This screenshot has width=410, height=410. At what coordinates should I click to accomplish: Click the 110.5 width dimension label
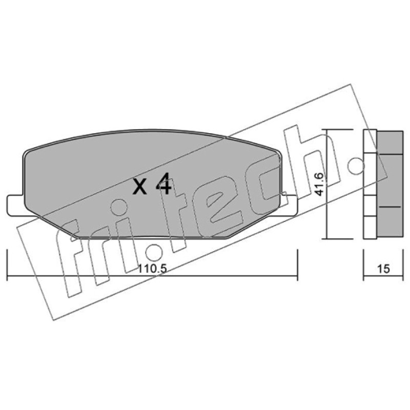pos(152,269)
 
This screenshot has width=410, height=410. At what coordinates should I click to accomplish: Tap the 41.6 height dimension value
pos(319,184)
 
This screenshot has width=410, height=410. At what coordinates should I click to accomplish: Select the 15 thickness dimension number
pos(383,269)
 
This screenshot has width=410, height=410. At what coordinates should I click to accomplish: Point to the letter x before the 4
pos(139,187)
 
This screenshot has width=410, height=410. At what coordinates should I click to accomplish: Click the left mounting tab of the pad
pos(16,206)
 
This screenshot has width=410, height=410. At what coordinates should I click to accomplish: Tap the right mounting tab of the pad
pos(289,206)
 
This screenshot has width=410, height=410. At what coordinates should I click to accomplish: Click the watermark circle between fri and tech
pos(154,253)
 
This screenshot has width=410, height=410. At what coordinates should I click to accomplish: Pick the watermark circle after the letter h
pos(356,166)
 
